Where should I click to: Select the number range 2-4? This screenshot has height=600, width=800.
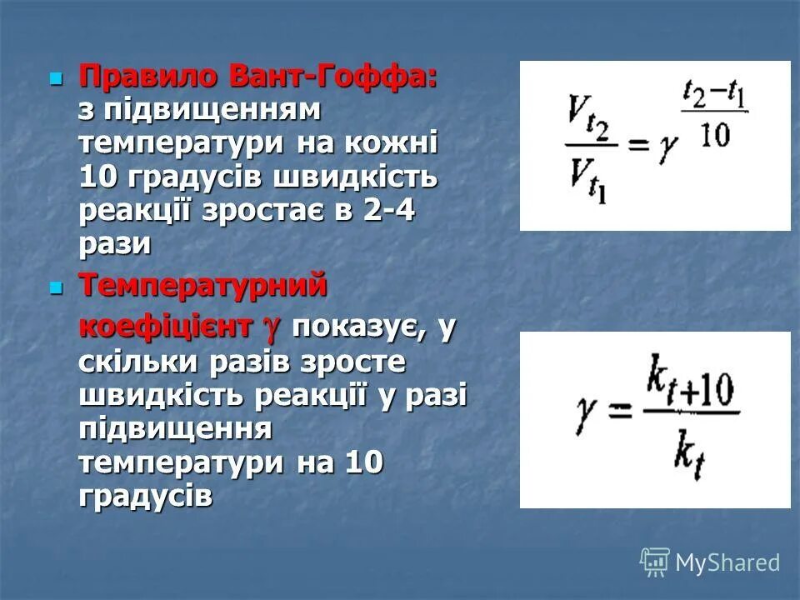pyautogui.click(x=388, y=209)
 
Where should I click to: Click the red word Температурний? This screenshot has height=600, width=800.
pyautogui.click(x=202, y=286)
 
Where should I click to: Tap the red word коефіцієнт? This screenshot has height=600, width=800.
pyautogui.click(x=166, y=327)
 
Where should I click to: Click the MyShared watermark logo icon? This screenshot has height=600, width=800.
pyautogui.click(x=654, y=562)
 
